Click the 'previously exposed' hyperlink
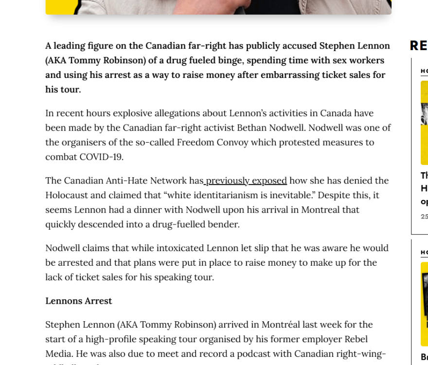246,181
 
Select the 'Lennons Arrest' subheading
78,301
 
